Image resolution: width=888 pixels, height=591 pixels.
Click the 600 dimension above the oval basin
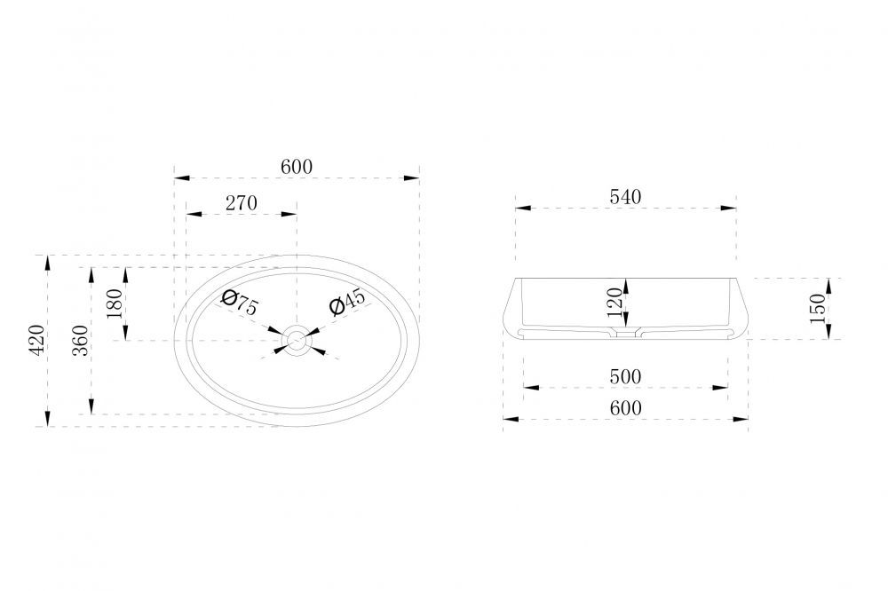coord(297,167)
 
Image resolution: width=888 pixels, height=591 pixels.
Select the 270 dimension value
coord(242,203)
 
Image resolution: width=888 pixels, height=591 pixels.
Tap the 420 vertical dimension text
coord(36,340)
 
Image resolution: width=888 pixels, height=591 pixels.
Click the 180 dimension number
coord(114,303)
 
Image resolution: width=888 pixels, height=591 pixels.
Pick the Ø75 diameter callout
coord(240,303)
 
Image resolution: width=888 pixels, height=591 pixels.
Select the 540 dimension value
coord(625,197)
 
